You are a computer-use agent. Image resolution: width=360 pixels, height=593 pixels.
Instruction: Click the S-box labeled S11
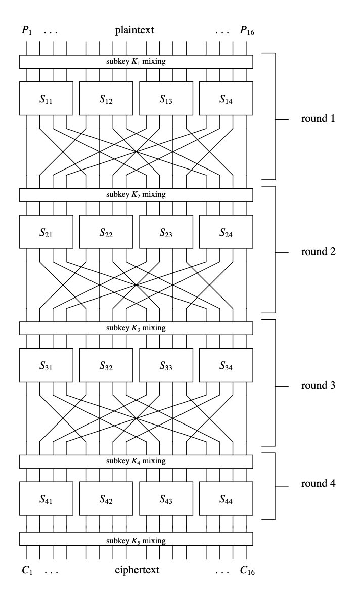pos(46,99)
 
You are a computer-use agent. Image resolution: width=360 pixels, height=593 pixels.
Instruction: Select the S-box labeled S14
pos(226,99)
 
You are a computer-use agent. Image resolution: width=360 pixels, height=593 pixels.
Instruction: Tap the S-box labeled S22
pos(106,232)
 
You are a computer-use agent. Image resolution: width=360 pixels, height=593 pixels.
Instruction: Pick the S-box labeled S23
pos(166,232)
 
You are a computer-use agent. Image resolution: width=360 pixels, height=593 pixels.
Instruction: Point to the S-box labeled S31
pos(46,365)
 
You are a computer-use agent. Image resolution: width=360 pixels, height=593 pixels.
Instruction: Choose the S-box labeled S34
pos(226,365)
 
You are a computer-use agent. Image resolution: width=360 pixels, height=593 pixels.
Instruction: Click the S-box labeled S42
pos(106,499)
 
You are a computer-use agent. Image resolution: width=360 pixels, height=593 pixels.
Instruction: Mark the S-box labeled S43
pos(166,499)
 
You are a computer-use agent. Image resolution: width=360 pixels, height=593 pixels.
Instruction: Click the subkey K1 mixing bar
pos(136,61)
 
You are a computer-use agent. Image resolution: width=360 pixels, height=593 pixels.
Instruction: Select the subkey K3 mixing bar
pos(136,328)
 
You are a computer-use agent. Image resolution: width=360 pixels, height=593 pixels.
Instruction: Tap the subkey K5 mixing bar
pos(136,540)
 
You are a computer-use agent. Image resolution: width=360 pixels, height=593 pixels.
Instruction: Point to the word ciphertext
pos(138,570)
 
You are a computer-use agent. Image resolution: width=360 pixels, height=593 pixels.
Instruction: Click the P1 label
pos(26,31)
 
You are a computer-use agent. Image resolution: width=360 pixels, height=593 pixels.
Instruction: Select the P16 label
pos(247,31)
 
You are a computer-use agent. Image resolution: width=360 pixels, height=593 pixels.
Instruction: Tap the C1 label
pos(27,570)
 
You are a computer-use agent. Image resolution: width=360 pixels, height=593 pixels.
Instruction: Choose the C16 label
pos(247,571)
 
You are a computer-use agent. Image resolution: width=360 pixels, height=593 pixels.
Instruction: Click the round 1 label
pos(318,119)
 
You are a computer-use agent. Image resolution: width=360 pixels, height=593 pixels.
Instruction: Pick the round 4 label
pos(318,483)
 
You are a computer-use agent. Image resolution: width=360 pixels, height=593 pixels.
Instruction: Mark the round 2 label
pos(318,251)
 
